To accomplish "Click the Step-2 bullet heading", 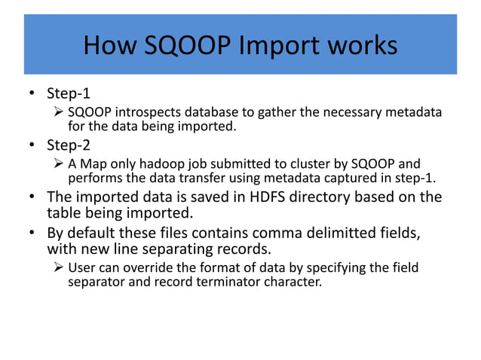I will (69, 145).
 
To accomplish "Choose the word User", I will (81, 268).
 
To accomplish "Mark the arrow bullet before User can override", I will (60, 268).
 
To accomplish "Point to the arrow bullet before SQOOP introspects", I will (60, 112).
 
